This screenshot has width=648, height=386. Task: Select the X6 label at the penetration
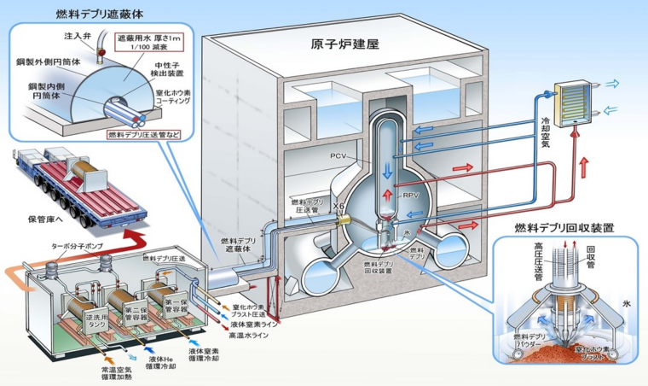tap(339, 207)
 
